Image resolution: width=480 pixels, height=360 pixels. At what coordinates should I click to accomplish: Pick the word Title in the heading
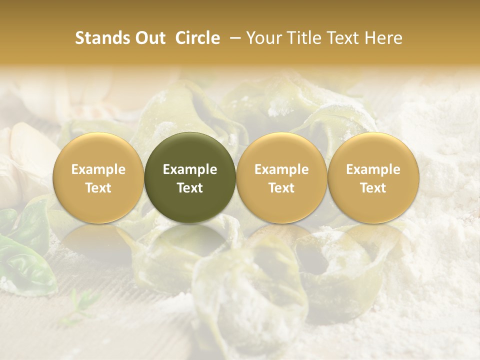tap(305, 38)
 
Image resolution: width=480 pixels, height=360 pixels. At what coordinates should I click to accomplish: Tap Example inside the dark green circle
tap(190, 169)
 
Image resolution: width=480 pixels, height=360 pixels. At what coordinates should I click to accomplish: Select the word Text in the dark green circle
tap(190, 188)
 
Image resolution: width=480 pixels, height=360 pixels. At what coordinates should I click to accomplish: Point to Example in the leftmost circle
tap(98, 169)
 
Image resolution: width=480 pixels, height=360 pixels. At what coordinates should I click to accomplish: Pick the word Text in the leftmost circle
tap(98, 188)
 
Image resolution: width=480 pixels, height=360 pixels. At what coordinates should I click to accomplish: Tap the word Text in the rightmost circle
tap(373, 188)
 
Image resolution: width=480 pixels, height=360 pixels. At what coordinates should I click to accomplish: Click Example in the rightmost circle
tap(373, 169)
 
